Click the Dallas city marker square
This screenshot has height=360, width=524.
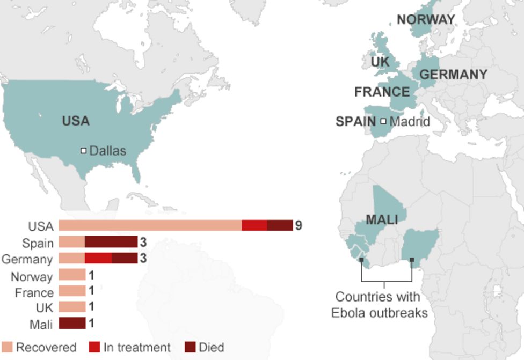click(83, 151)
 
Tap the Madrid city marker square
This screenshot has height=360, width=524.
click(383, 122)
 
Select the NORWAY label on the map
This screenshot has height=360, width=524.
click(425, 20)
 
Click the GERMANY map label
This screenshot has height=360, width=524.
click(453, 75)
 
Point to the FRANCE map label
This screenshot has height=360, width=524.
click(382, 92)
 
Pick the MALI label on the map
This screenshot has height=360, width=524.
click(382, 219)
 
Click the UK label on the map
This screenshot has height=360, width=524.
click(380, 62)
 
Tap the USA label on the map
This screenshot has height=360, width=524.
click(76, 121)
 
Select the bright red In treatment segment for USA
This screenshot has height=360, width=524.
click(254, 225)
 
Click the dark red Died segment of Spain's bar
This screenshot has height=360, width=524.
click(111, 242)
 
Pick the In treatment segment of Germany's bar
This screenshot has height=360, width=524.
click(98, 258)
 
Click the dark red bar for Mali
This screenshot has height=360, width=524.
click(72, 323)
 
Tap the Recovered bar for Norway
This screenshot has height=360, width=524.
click(72, 275)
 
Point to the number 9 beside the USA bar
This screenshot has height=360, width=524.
click(299, 225)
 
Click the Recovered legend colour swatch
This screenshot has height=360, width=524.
click(7, 347)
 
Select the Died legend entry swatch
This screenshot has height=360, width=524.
click(190, 347)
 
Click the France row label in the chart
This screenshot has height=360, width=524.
click(34, 293)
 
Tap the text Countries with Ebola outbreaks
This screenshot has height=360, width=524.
click(379, 305)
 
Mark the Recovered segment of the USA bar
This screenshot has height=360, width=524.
click(150, 225)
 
